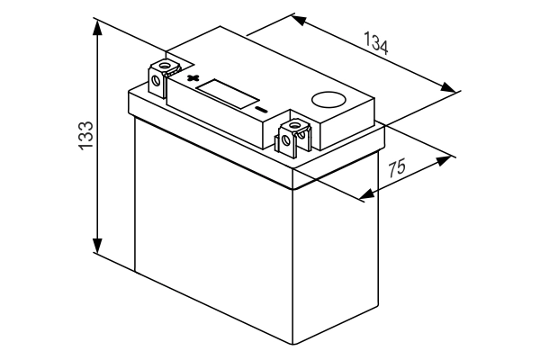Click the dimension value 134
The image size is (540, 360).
(376, 43)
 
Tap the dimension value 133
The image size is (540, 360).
(86, 135)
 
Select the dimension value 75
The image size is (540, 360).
(397, 167)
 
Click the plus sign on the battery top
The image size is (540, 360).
(193, 77)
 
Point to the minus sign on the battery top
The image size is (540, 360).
(261, 110)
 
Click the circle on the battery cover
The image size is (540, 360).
(328, 100)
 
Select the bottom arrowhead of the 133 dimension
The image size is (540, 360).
(97, 246)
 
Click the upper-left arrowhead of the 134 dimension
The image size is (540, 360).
(299, 20)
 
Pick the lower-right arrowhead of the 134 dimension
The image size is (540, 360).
(448, 87)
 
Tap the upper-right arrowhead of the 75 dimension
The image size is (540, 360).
(443, 160)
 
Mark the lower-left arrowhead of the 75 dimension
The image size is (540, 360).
(367, 193)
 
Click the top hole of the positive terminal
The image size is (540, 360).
(165, 65)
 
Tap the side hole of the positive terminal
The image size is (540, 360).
(156, 81)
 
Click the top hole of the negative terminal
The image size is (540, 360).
(294, 124)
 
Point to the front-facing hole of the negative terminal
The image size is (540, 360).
(285, 139)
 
